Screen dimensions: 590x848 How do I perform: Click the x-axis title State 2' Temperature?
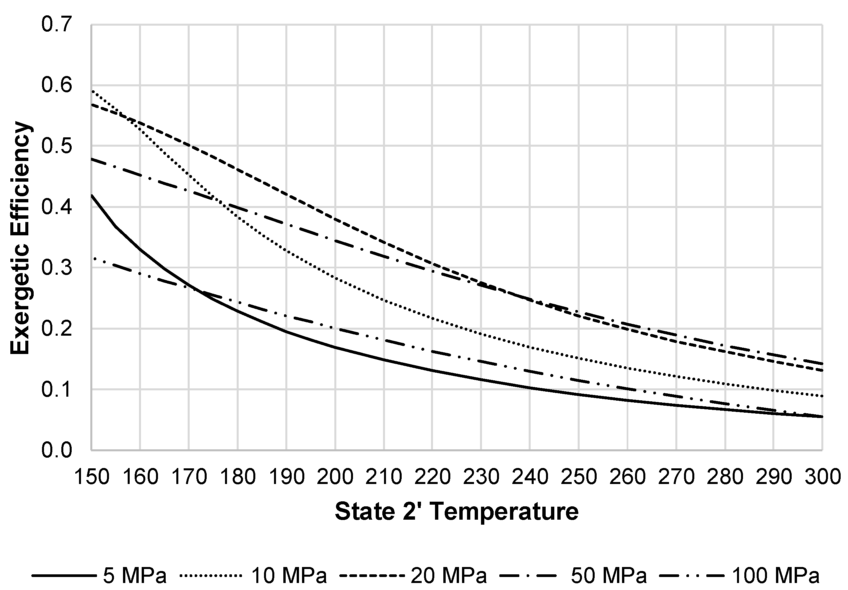click(x=457, y=512)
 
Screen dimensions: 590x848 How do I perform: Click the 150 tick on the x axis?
click(x=92, y=477)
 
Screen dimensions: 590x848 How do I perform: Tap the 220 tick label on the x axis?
click(x=432, y=477)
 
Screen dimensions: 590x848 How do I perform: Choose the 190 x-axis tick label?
click(x=287, y=477)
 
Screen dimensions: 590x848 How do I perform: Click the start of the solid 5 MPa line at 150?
click(x=92, y=195)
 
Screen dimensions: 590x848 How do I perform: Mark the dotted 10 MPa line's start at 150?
click(x=92, y=90)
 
